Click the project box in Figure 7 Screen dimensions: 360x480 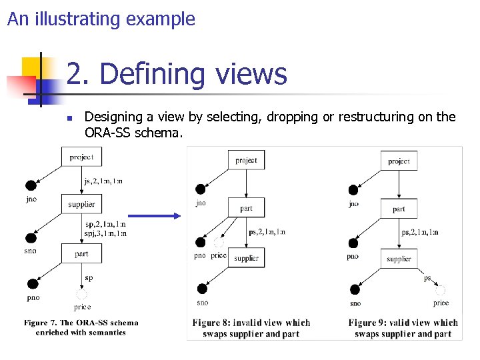pyautogui.click(x=81, y=157)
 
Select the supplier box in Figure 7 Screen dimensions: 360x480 pyautogui.click(x=81, y=204)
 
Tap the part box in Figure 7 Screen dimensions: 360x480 pyautogui.click(x=81, y=253)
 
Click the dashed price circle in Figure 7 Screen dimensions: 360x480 pyautogui.click(x=82, y=294)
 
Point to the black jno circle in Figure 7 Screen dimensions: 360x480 pyautogui.click(x=31, y=186)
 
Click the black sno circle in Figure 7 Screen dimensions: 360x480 pyautogui.click(x=31, y=238)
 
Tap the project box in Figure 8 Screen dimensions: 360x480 pyautogui.click(x=246, y=161)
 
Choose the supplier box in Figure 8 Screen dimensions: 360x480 pyautogui.click(x=246, y=258)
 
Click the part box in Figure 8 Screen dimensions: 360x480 pyautogui.click(x=246, y=208)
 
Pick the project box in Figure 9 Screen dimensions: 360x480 pyautogui.click(x=399, y=161)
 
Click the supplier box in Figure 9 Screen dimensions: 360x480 pyautogui.click(x=399, y=258)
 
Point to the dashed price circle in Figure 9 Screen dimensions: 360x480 pyautogui.click(x=440, y=291)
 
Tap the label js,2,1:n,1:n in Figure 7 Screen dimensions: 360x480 pyautogui.click(x=103, y=181)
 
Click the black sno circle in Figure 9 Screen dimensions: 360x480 pyautogui.click(x=354, y=289)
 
